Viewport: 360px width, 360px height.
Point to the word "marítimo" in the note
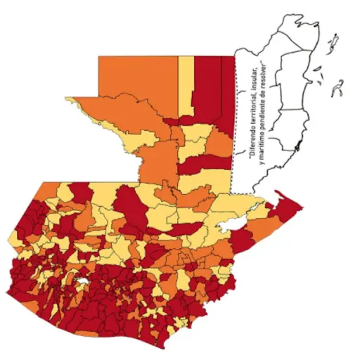[259, 141]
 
